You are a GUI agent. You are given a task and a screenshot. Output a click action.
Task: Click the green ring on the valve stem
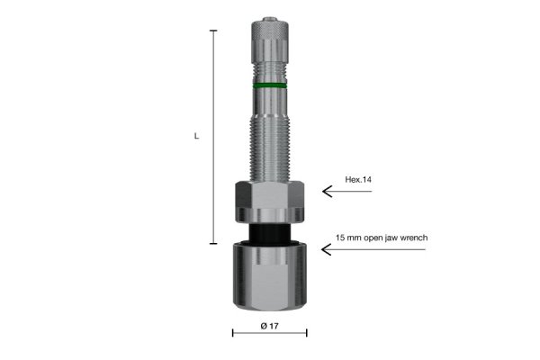pos(270,85)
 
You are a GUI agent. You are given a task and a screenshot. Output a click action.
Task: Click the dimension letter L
pos(196,136)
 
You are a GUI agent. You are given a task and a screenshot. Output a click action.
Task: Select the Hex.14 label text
pos(358,180)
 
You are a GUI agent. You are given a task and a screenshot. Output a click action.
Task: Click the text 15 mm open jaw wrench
pos(382,238)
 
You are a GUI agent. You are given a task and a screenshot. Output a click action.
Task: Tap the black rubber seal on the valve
pos(270,234)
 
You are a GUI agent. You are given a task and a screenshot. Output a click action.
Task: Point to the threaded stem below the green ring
pos(270,135)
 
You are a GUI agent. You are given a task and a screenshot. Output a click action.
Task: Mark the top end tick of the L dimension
pos(213,31)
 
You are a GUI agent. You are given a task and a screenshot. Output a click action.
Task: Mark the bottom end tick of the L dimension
pos(213,243)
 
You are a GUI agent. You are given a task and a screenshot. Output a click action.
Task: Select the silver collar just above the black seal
pos(270,216)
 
